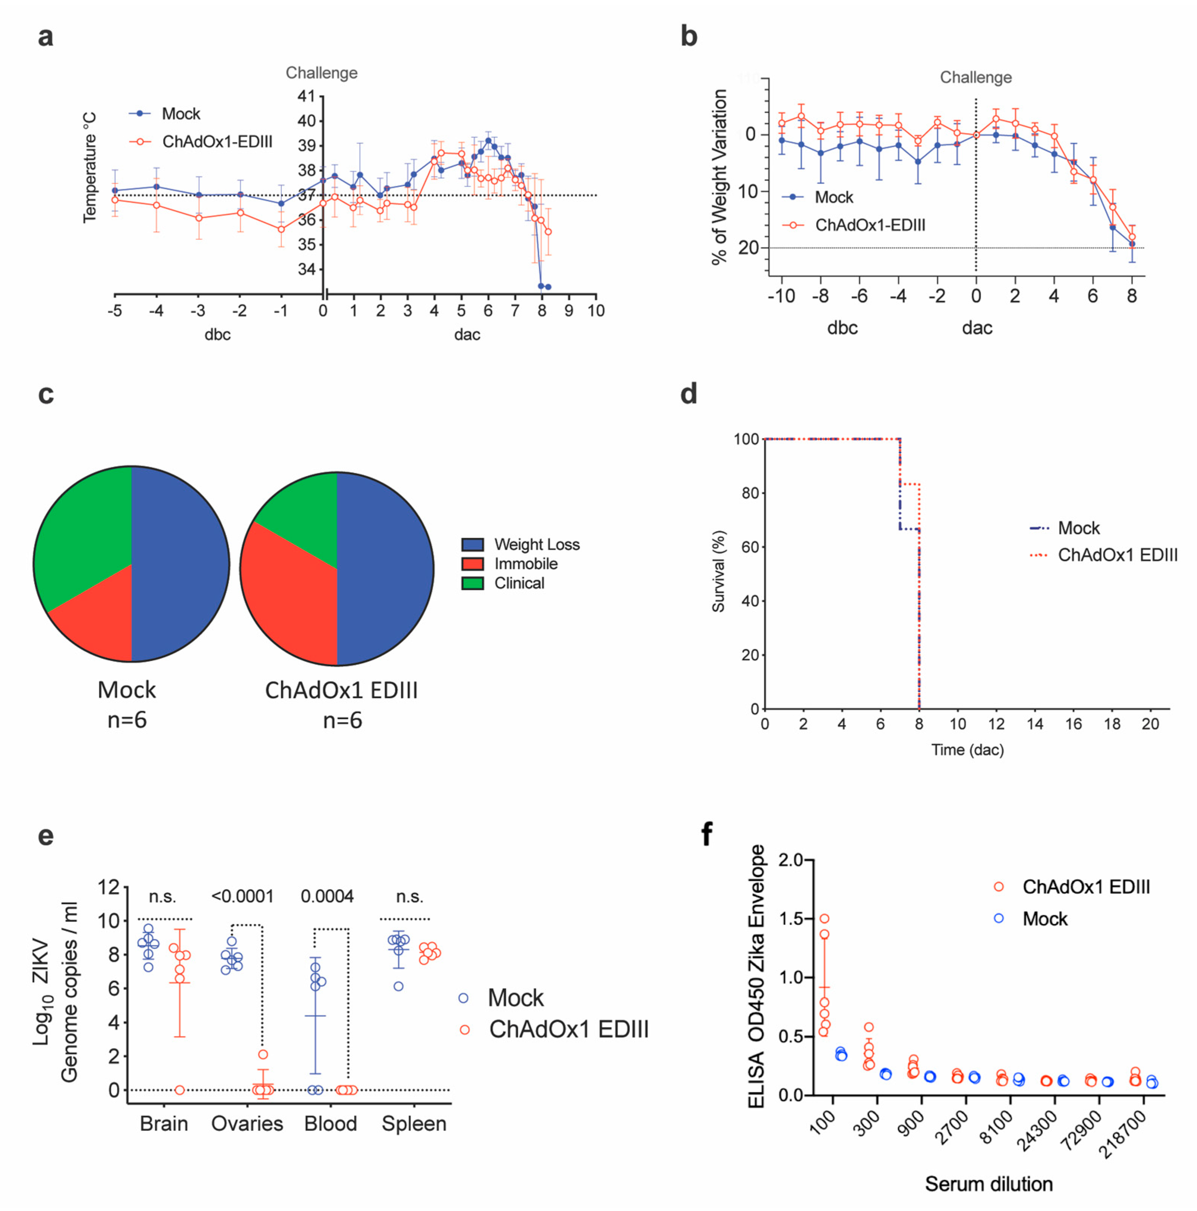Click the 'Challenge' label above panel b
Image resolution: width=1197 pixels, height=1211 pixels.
pos(975,78)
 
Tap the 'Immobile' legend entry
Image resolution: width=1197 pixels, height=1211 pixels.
pos(525,564)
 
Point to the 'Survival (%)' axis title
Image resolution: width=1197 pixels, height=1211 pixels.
pos(718,571)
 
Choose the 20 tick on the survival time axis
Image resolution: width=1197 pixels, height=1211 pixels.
pos(1150,724)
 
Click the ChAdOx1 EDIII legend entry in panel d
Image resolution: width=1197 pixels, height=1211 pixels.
pos(1117,555)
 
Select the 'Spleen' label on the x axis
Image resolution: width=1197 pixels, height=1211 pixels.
pos(413,1124)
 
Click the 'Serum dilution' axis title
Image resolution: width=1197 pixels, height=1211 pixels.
pos(988,1184)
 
